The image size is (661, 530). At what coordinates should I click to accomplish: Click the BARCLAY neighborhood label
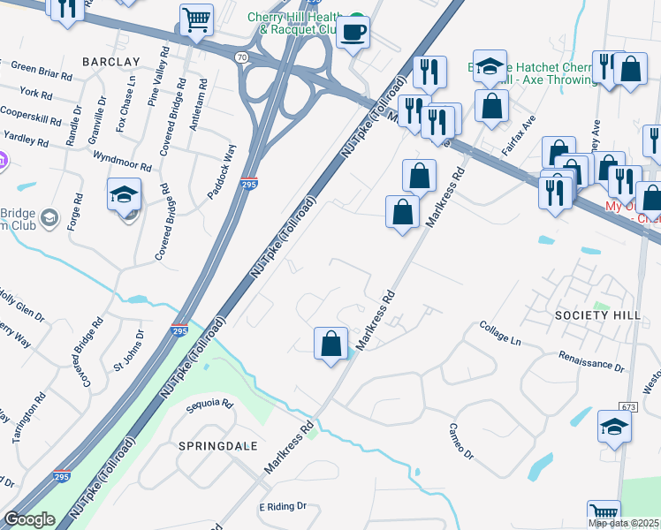(111, 61)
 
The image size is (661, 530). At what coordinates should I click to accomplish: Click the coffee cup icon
(353, 33)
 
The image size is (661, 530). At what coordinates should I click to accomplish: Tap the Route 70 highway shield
(241, 57)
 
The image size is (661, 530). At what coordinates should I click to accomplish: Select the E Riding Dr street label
(282, 507)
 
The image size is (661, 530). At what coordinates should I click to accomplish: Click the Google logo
(29, 519)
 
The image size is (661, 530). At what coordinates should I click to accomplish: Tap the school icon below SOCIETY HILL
(614, 427)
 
